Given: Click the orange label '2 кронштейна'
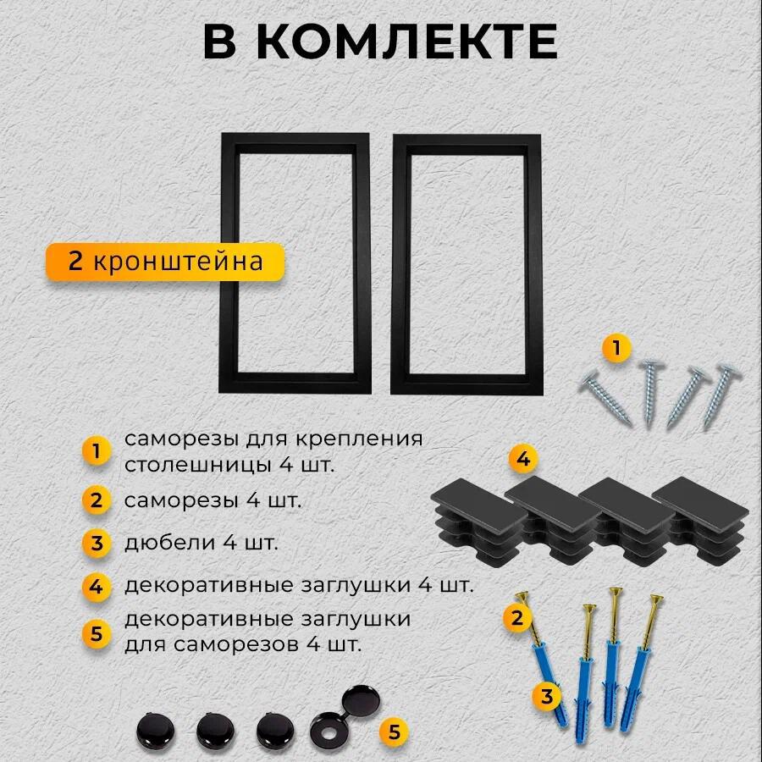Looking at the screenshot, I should click(x=165, y=261).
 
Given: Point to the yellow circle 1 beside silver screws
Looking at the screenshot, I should click(x=616, y=348).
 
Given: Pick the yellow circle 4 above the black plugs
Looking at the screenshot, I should click(x=523, y=460).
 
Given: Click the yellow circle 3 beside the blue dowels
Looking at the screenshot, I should click(x=548, y=697).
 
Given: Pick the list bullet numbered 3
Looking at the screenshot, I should click(x=97, y=543).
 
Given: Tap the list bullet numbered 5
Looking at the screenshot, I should click(x=97, y=632).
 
